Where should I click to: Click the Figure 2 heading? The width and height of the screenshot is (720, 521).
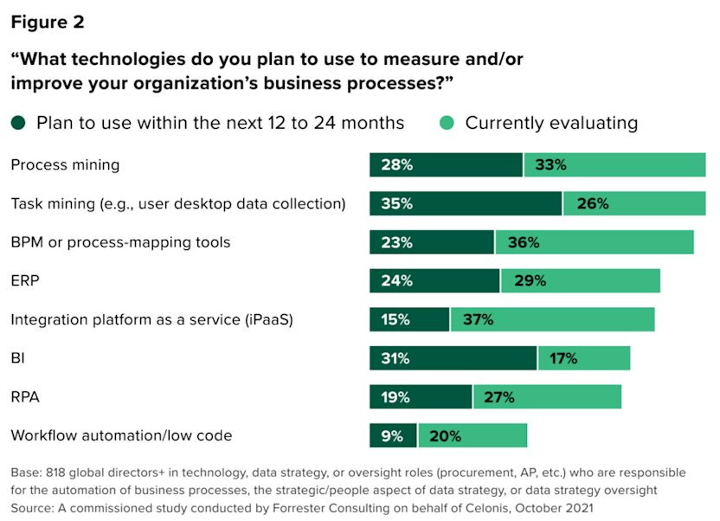(x=48, y=23)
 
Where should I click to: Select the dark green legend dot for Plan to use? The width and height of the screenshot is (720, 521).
(x=19, y=123)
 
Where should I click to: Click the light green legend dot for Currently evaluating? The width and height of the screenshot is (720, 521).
(x=447, y=123)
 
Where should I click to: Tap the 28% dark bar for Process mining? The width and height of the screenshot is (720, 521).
(x=446, y=164)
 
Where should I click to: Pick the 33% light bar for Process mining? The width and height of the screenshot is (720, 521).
(x=614, y=164)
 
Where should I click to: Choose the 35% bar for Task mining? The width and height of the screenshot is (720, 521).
(x=466, y=204)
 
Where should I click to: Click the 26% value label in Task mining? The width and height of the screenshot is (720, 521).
(x=593, y=204)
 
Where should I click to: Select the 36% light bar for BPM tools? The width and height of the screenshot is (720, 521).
(x=595, y=242)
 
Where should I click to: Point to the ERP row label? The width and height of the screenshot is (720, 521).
(x=25, y=280)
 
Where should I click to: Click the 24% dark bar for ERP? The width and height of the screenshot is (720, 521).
(x=434, y=280)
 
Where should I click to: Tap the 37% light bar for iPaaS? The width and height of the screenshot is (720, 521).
(x=552, y=319)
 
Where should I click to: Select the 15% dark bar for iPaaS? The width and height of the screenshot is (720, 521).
(x=409, y=319)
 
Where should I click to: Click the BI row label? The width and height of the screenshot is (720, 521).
(x=18, y=358)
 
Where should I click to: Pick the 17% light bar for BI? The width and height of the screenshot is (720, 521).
(x=584, y=358)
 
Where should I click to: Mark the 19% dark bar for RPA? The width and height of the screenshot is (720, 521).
(x=421, y=397)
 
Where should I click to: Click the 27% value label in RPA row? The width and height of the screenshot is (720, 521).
(x=498, y=397)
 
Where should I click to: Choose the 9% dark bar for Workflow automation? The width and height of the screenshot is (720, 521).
(x=393, y=435)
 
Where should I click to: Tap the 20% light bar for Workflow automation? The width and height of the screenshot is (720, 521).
(x=472, y=435)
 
